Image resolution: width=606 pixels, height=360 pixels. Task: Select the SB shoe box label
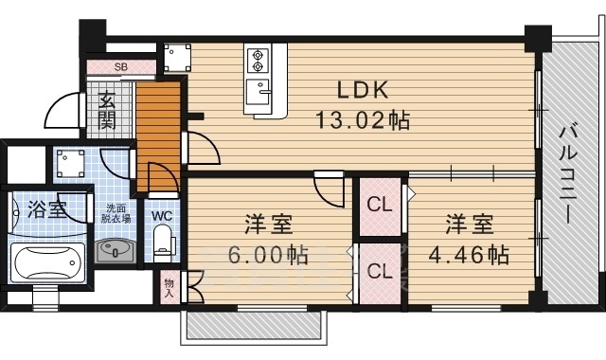[121, 67]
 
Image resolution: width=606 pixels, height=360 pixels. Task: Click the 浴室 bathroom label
[46, 209]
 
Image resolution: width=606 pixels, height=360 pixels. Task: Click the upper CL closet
[379, 204]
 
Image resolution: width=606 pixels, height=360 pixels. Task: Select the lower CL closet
[379, 270]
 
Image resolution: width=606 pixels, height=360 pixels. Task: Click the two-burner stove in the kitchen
[258, 62]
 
